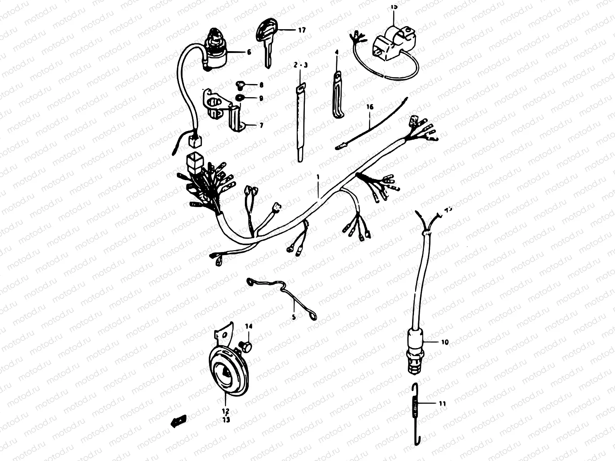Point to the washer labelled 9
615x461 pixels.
(x=238, y=98)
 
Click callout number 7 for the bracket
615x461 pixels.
(x=261, y=125)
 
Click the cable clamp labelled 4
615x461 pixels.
(x=337, y=94)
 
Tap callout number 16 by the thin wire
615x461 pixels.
(x=370, y=107)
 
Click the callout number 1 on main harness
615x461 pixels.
(x=318, y=177)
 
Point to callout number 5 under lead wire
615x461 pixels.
(x=294, y=317)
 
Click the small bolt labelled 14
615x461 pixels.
(x=246, y=347)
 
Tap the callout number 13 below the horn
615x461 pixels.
(x=226, y=420)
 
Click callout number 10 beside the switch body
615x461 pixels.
(x=445, y=342)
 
